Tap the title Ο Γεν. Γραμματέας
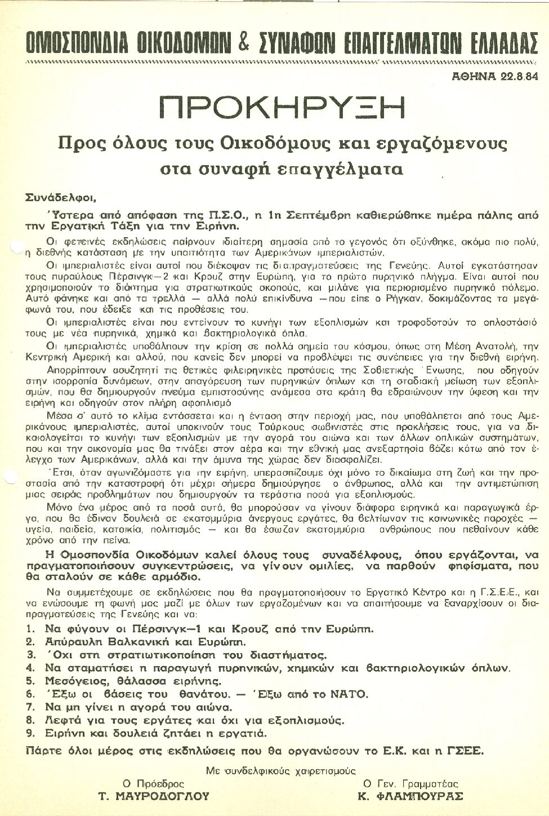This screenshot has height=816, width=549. pyautogui.click(x=410, y=783)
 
